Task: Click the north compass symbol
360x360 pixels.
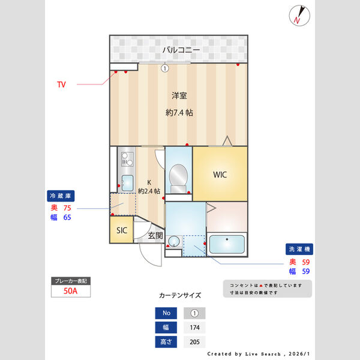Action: [299, 15]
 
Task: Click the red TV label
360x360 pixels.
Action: [61, 85]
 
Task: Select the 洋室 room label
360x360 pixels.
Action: [178, 95]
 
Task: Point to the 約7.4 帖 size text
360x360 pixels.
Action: [179, 113]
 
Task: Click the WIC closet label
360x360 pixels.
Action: [220, 175]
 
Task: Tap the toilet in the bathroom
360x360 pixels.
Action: [178, 176]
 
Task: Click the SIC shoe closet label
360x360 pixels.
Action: [121, 230]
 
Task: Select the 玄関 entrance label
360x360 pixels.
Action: [155, 235]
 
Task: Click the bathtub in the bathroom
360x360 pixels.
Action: [227, 245]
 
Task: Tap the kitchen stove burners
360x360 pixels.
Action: [127, 160]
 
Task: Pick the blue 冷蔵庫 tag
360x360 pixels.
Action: [61, 196]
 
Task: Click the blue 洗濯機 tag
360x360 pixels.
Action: [299, 249]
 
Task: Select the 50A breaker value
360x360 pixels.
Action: [71, 292]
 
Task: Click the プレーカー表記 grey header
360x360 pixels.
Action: [71, 281]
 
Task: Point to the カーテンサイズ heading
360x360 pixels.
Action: [179, 295]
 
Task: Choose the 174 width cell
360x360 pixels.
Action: [194, 328]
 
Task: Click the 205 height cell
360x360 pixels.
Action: [194, 342]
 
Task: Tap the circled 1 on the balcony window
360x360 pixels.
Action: [164, 68]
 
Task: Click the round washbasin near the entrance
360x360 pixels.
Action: [173, 242]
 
